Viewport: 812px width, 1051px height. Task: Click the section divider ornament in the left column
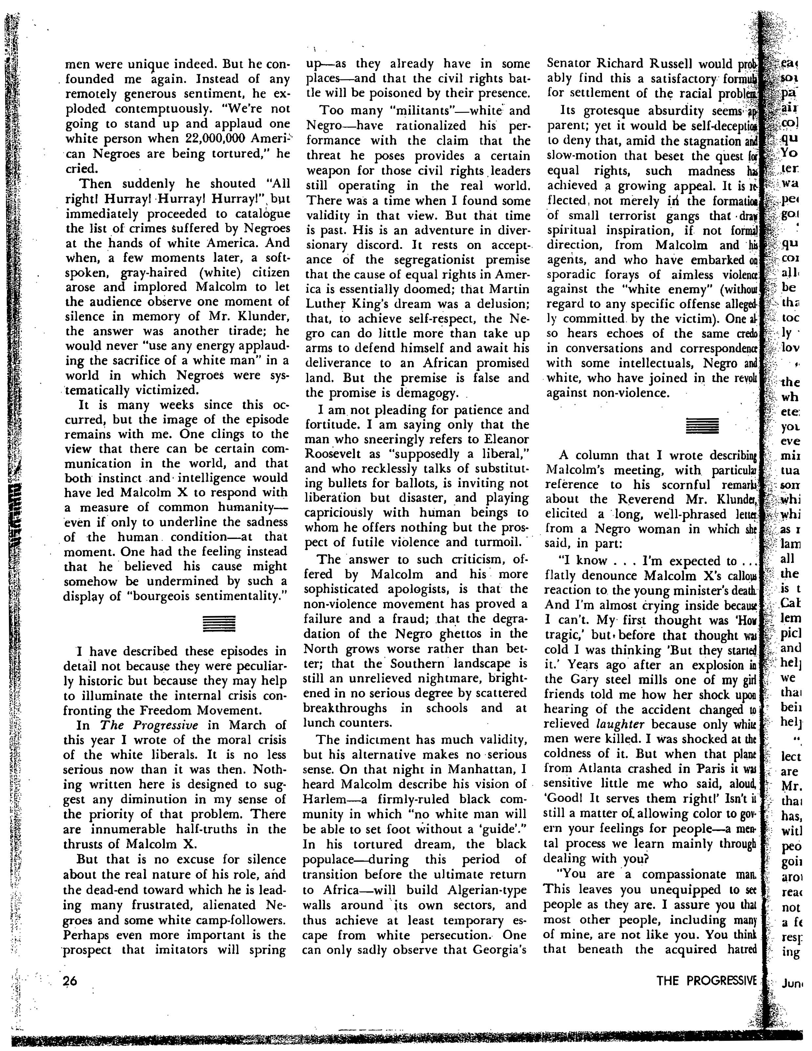219,624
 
